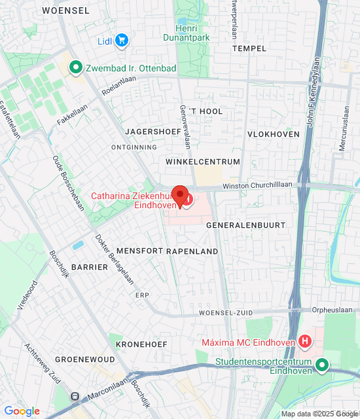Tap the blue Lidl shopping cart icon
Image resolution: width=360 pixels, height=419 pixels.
121,41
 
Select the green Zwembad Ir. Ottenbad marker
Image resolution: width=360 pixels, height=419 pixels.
75,66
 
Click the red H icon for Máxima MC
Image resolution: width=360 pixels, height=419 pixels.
304,341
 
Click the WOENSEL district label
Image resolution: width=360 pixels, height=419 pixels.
65,10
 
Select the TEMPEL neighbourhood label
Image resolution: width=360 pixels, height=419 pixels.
249,48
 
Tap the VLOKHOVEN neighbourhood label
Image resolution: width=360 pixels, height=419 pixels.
274,134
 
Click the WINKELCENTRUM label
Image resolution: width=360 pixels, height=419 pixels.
204,162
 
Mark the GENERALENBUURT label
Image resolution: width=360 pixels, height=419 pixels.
246,225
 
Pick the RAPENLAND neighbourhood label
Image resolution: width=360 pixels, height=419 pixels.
192,251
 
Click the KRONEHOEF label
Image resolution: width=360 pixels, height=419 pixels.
141,344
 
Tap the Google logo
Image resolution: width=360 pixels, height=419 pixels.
22,411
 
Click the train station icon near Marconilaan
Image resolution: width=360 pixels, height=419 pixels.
75,396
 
